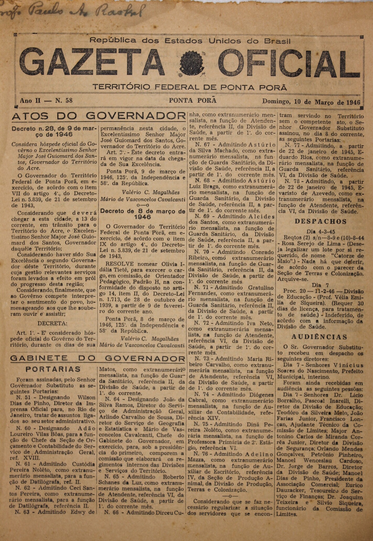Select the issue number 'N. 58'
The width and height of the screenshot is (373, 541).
[x=63, y=101]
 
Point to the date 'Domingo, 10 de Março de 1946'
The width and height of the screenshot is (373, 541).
[x=311, y=102]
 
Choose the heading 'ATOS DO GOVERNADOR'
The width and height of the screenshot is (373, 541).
[x=98, y=116]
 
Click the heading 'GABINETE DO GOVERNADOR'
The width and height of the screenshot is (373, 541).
[x=98, y=358]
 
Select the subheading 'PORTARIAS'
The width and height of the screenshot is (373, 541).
[x=53, y=369]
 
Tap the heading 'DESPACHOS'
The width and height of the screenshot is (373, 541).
[x=321, y=221]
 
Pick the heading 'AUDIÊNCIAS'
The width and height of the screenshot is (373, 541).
[x=319, y=337]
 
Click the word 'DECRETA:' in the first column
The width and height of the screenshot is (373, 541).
[x=52, y=323]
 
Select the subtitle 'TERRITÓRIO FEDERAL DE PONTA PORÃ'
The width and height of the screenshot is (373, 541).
[x=190, y=87]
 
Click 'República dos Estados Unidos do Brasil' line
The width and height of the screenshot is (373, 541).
[x=190, y=41]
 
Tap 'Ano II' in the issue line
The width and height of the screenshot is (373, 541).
[x=30, y=101]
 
